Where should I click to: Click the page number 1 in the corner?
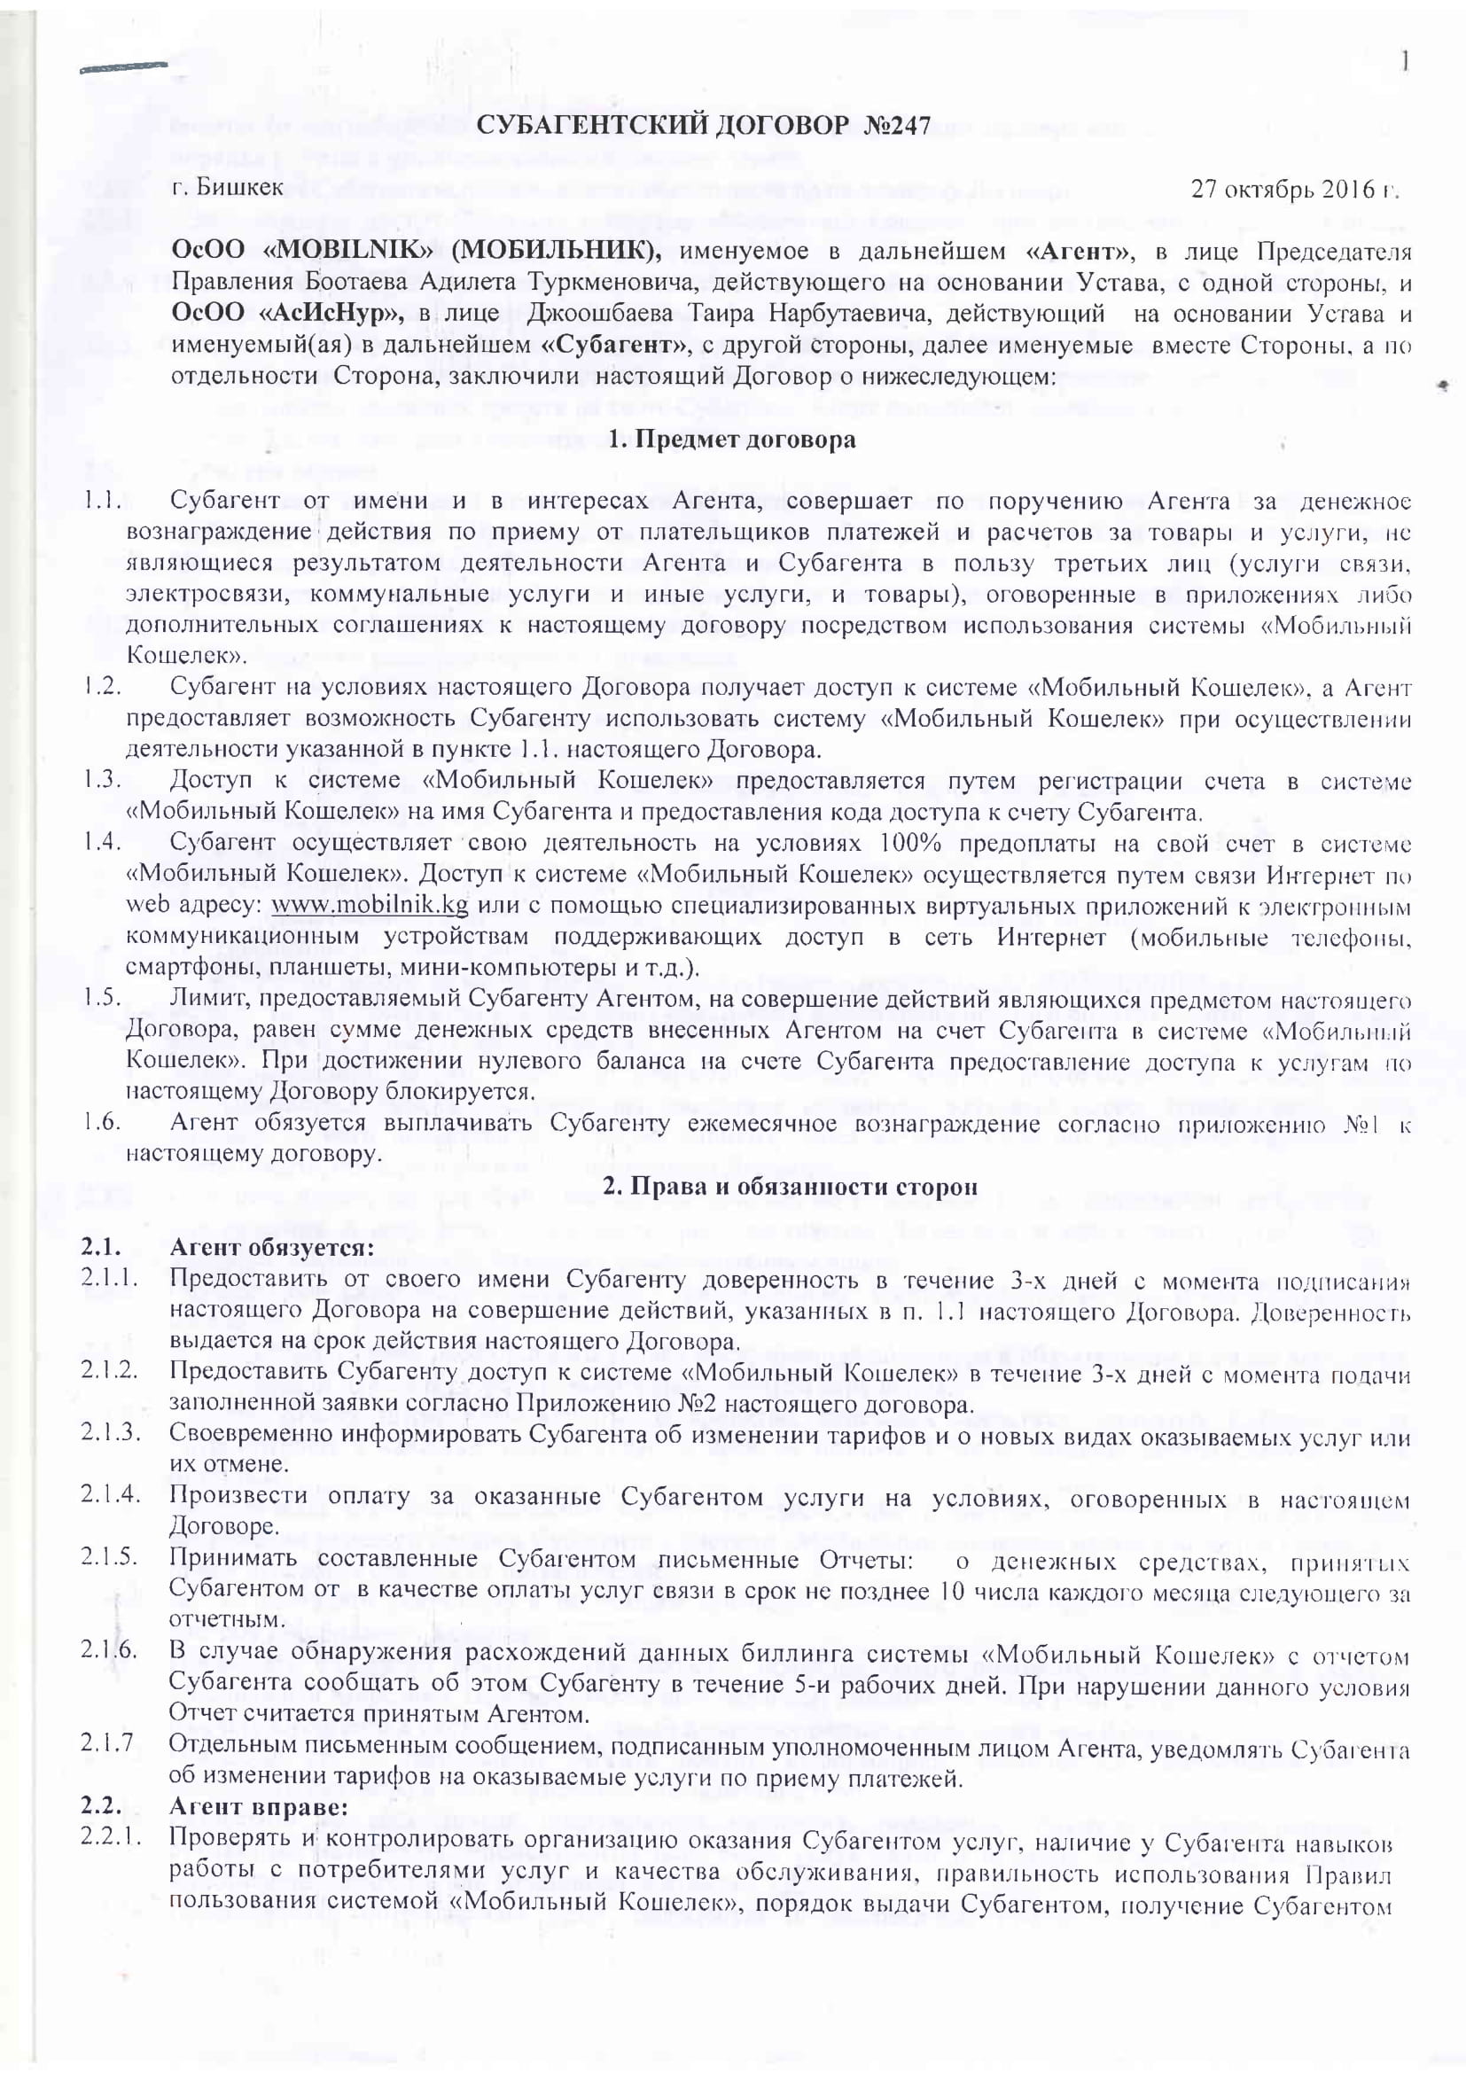tap(1406, 61)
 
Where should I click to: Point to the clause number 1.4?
tap(102, 842)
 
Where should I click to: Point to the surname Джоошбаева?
tap(592, 315)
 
